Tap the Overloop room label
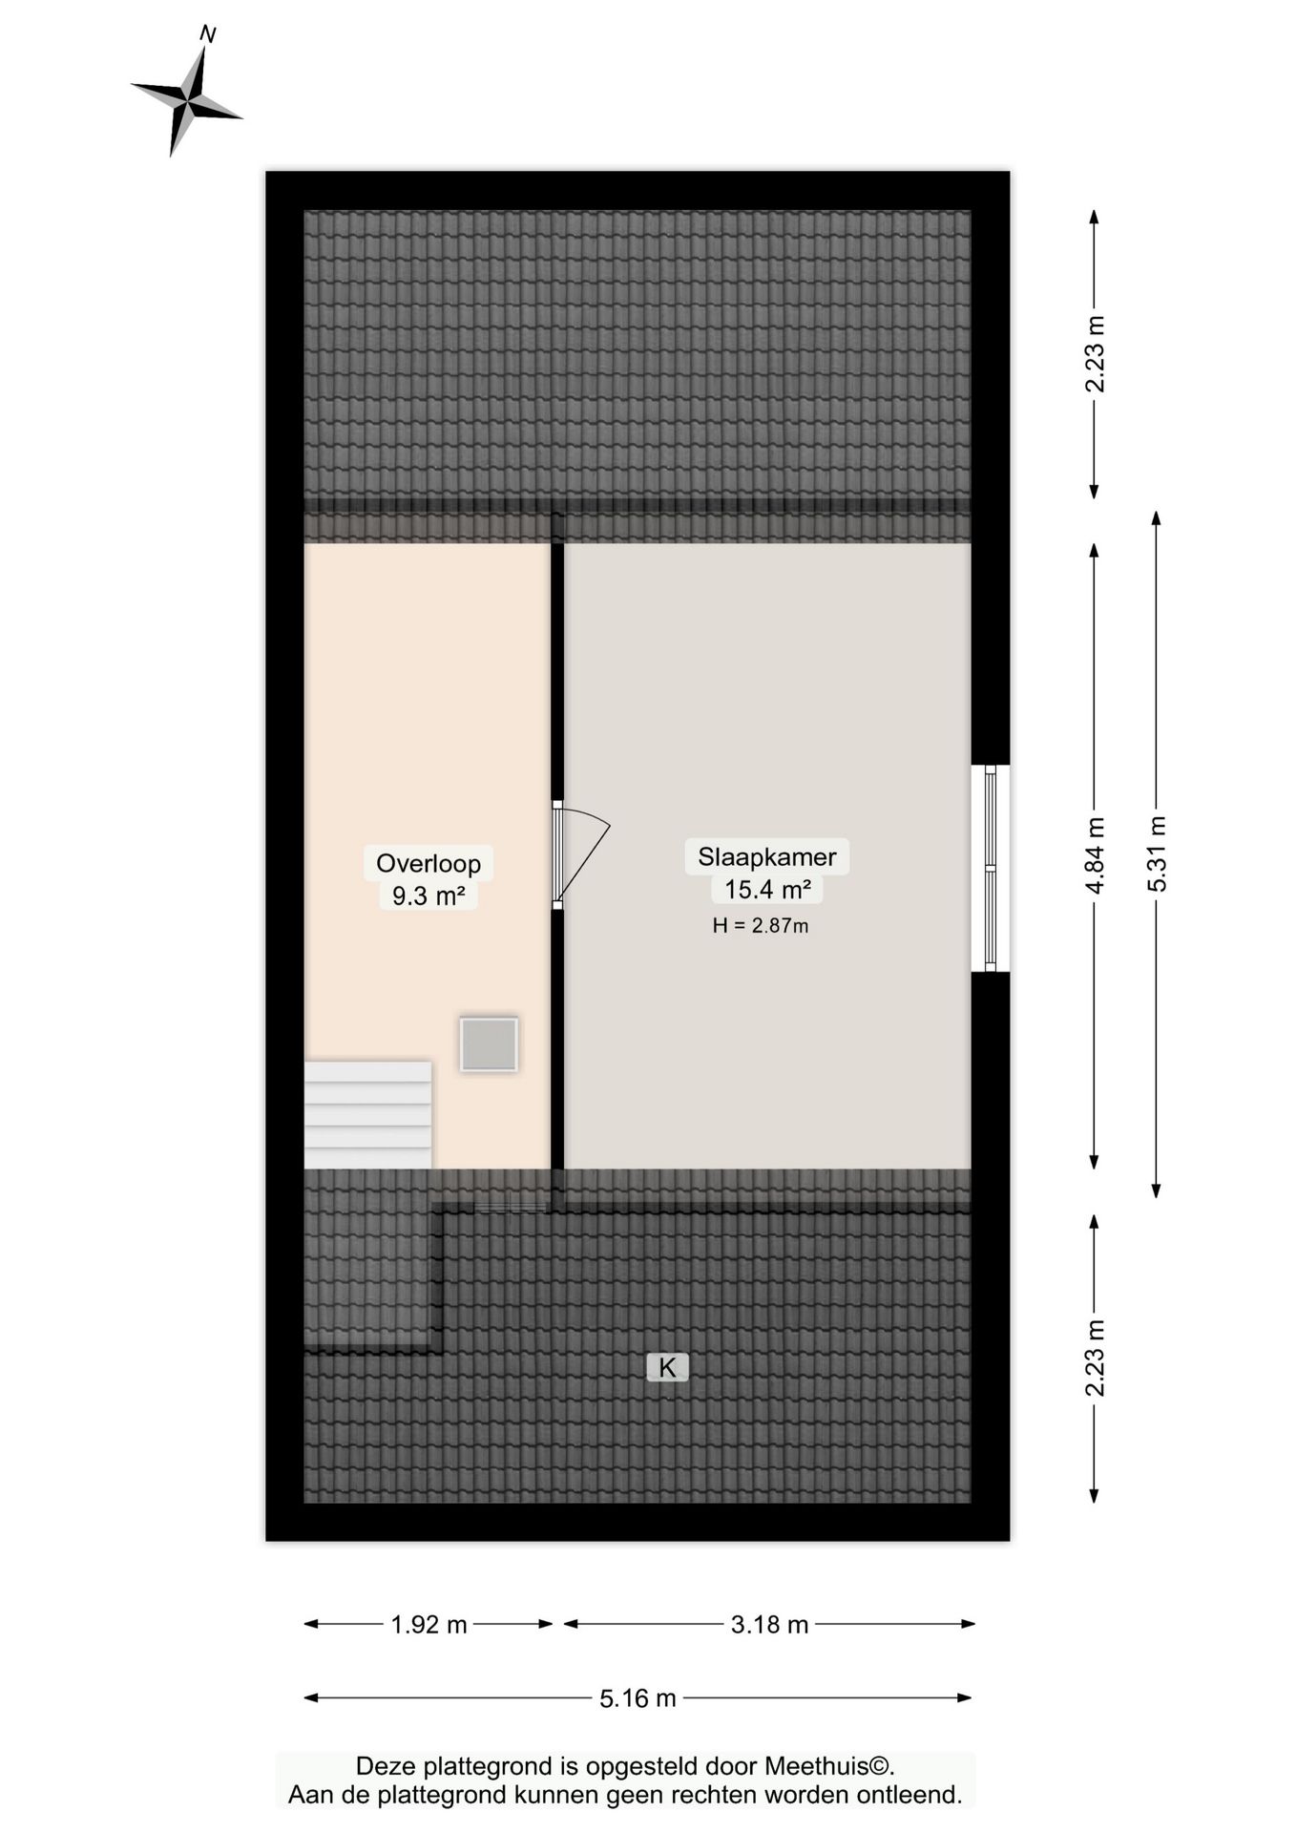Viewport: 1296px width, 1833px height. [428, 863]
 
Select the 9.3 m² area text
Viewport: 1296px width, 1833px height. [428, 895]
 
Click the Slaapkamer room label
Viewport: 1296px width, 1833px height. [766, 856]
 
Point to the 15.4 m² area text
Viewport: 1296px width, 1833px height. [766, 889]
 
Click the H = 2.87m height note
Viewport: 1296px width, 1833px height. [760, 925]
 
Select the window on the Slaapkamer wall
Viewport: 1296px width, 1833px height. [991, 868]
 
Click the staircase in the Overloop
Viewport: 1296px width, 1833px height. [367, 1114]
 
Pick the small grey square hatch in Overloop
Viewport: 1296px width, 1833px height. [489, 1044]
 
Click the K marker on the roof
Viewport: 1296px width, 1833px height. [667, 1367]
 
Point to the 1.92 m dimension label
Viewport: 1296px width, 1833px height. [429, 1624]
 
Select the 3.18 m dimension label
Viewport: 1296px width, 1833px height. [769, 1624]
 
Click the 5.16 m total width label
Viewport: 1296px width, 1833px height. [638, 1698]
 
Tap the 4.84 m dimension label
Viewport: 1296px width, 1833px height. [1095, 855]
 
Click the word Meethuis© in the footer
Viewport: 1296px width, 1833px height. [836, 1765]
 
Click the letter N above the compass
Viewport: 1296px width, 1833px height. [207, 35]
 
